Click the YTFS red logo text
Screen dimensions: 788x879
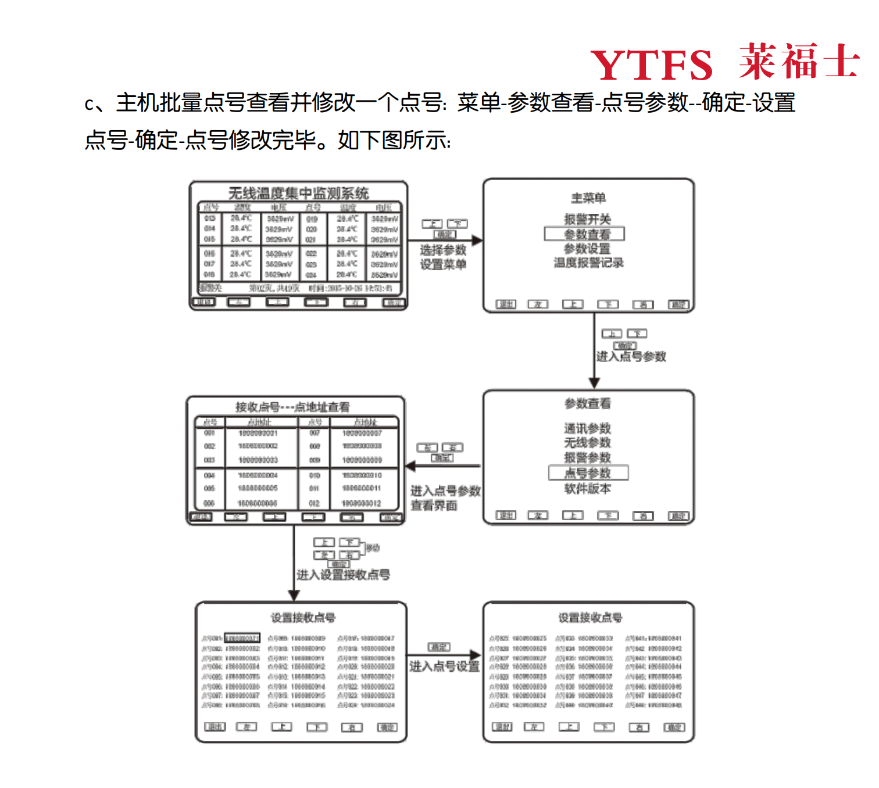click(x=651, y=65)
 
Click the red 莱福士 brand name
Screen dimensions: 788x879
click(x=799, y=62)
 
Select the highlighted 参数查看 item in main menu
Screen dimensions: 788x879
click(x=584, y=234)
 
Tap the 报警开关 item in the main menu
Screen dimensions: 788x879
click(x=587, y=219)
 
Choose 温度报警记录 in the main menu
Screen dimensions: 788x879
click(x=588, y=263)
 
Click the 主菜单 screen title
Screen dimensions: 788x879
click(x=588, y=198)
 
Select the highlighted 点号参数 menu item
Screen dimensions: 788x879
click(x=588, y=472)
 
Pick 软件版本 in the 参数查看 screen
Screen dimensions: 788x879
click(x=587, y=489)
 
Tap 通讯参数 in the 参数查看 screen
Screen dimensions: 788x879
click(x=587, y=428)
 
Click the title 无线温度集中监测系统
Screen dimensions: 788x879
click(x=298, y=193)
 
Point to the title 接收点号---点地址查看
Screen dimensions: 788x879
click(x=292, y=407)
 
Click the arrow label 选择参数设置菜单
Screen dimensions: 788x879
click(x=443, y=257)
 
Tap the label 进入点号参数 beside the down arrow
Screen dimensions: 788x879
click(x=631, y=357)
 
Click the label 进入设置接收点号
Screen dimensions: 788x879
click(x=343, y=575)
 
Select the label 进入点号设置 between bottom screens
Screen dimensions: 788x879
click(x=444, y=666)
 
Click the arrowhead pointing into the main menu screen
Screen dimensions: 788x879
click(x=477, y=240)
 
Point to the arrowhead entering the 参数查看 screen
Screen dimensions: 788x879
click(x=594, y=383)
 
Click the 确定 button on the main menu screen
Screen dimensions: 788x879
click(x=678, y=305)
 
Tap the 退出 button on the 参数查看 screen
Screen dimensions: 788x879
click(x=506, y=515)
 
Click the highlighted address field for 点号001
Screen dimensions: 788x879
click(x=242, y=638)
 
